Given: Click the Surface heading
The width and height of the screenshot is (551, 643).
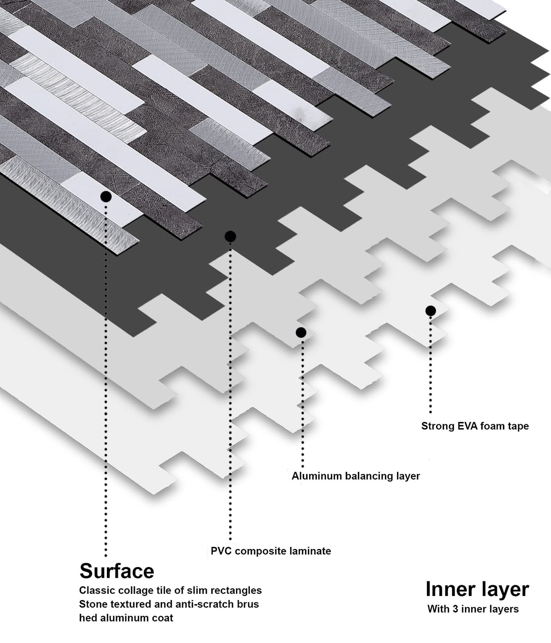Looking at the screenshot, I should (117, 571).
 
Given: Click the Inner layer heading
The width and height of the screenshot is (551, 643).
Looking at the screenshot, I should (477, 589).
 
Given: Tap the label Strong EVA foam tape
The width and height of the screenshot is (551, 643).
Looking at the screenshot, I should (475, 426).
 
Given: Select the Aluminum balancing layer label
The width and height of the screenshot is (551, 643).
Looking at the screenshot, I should (355, 476).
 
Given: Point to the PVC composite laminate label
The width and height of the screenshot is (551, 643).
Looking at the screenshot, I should (270, 551).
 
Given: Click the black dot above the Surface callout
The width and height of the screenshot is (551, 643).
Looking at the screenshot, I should (106, 197).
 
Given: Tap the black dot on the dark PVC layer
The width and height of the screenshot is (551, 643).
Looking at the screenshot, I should (230, 236).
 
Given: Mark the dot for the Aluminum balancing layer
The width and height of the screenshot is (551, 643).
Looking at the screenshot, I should (301, 332).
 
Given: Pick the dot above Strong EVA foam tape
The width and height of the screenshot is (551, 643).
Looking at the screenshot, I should (430, 311).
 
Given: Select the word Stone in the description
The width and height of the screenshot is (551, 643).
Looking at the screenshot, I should (92, 604).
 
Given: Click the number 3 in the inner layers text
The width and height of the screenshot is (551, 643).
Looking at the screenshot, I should (455, 609).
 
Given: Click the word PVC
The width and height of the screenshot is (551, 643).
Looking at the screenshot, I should (220, 551).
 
